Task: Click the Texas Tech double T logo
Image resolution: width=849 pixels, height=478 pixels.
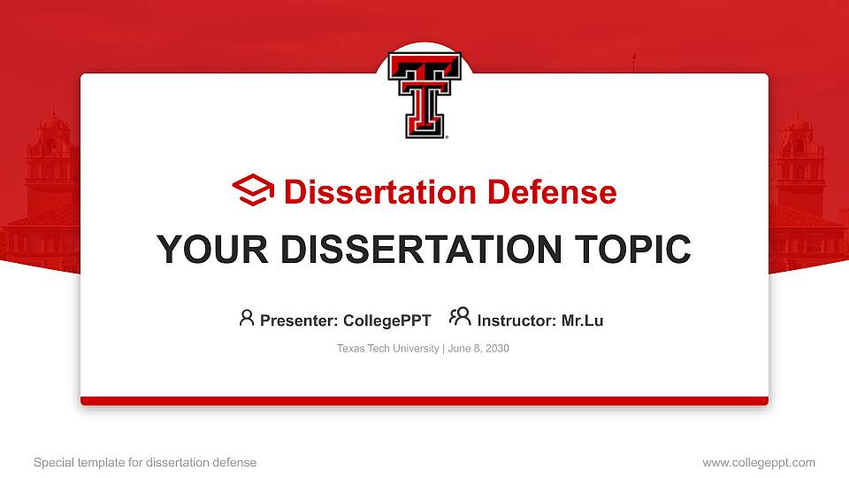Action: click(424, 96)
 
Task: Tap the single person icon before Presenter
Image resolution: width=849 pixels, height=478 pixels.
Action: click(247, 318)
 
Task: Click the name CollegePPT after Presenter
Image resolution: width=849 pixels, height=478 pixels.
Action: click(386, 320)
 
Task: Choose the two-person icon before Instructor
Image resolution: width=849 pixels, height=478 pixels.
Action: click(459, 318)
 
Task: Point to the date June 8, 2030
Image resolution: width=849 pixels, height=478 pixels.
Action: click(478, 349)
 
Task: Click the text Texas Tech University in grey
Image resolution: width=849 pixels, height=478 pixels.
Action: click(387, 349)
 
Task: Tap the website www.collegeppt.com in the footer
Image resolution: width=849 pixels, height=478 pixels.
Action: click(759, 462)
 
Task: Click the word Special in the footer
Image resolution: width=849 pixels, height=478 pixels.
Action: click(52, 462)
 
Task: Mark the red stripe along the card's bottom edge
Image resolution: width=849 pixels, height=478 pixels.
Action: click(424, 401)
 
